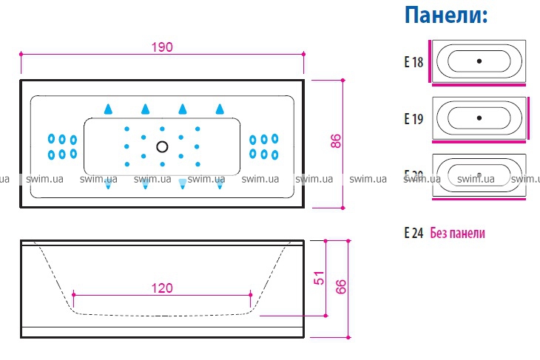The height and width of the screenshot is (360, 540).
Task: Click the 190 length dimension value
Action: coord(162,47)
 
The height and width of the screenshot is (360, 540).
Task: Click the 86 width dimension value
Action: coord(335,141)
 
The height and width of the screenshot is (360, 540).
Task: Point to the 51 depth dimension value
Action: coord(320,278)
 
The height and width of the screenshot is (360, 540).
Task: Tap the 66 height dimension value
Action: coord(341,287)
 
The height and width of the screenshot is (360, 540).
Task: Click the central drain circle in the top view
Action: coord(162,146)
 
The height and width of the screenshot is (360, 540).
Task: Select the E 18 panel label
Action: coord(414,62)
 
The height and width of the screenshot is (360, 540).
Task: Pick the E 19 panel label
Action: coord(414,118)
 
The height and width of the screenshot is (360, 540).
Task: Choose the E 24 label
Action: coord(414,233)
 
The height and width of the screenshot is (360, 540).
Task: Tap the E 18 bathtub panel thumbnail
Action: coord(479,61)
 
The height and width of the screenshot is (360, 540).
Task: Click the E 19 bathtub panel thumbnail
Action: coord(479,117)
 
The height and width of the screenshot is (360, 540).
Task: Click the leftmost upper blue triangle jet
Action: coord(108,109)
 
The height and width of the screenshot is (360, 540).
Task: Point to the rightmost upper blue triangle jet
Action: coord(220,109)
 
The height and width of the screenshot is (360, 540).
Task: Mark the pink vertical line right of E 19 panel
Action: coord(529,116)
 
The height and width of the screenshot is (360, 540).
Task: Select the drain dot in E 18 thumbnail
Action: coord(479,61)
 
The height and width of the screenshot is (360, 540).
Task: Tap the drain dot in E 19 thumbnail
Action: coord(479,117)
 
